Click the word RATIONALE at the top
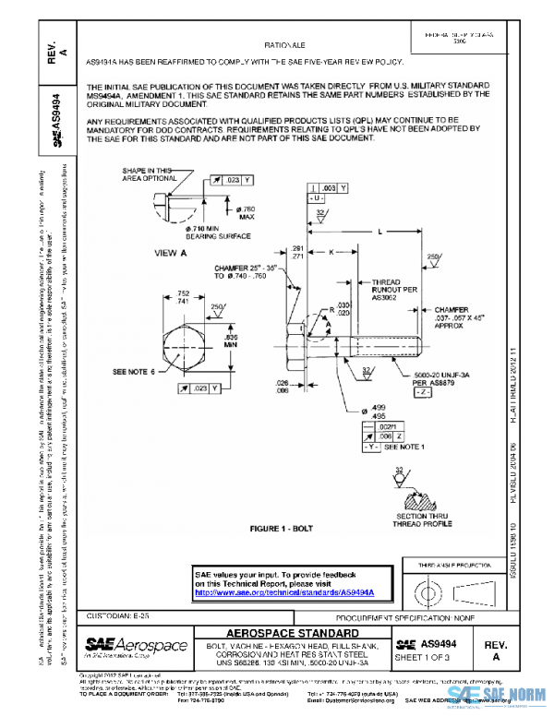click(x=285, y=44)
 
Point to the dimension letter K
click(x=331, y=251)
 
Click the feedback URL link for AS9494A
click(x=291, y=591)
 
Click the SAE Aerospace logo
click(x=136, y=645)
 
